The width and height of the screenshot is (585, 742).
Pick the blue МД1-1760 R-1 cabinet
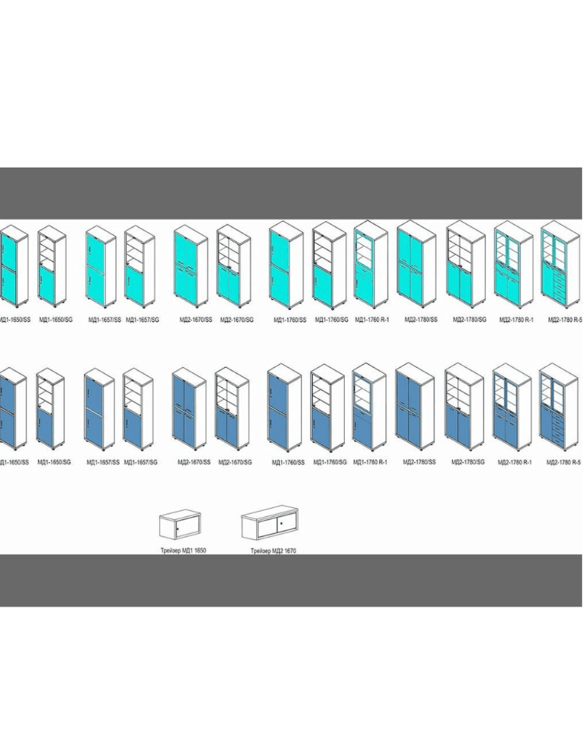tap(369, 409)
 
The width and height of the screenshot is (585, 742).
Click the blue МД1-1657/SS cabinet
tap(100, 411)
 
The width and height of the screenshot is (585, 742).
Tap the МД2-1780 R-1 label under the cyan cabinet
tap(515, 319)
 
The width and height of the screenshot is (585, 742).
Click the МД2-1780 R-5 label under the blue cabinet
tap(564, 462)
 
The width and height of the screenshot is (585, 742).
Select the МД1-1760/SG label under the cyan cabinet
tap(330, 319)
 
